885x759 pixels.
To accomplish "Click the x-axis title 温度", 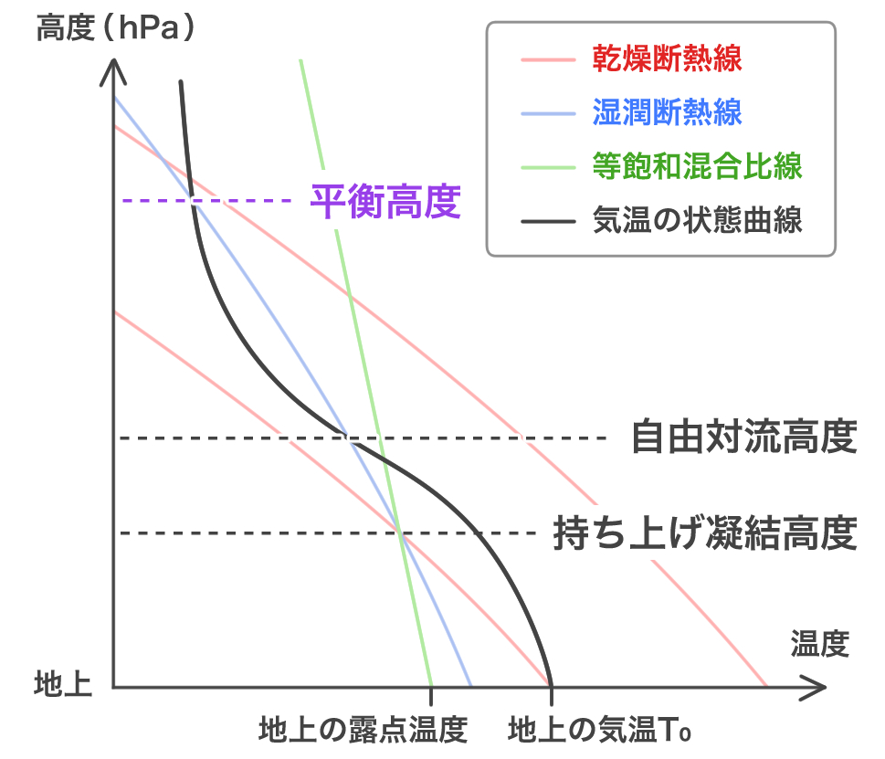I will point(819,644).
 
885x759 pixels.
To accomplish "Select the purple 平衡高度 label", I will point(385,201).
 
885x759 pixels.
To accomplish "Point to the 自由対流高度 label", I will point(744,438).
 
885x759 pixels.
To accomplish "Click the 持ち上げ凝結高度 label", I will point(705,533).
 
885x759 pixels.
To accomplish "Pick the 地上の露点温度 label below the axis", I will point(363,729).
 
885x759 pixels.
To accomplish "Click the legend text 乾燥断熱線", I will point(667,61).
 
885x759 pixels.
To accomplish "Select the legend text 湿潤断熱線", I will point(667,114).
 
